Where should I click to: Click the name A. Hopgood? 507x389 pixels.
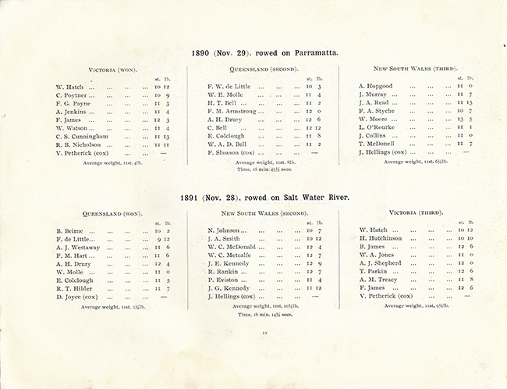[x=376, y=86]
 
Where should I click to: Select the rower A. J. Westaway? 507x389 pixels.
[x=82, y=248]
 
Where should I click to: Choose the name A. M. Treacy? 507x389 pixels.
[x=380, y=279]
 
